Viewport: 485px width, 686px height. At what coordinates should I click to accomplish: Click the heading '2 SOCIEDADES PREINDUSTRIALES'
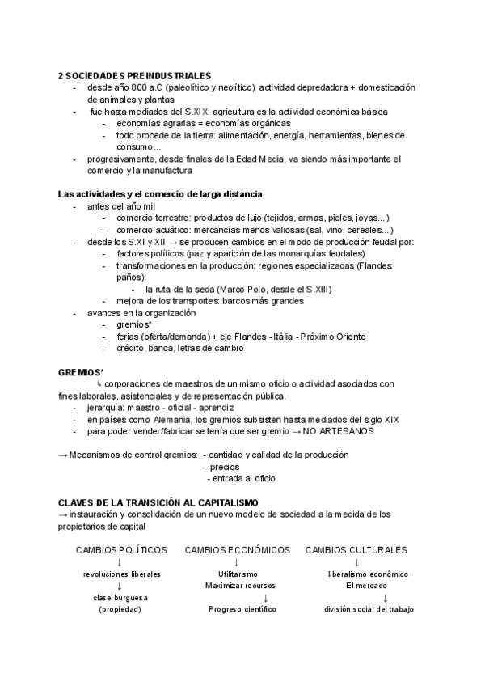point(134,75)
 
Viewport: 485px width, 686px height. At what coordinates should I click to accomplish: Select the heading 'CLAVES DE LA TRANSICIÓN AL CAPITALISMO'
point(158,502)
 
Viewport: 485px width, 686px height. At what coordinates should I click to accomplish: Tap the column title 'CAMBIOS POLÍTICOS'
point(121,550)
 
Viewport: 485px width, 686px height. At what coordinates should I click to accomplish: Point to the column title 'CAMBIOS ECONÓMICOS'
point(237,550)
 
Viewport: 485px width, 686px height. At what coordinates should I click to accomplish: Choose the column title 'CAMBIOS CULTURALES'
point(356,550)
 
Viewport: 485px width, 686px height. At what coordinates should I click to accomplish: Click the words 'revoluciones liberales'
point(121,574)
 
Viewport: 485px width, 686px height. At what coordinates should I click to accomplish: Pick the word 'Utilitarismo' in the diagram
point(238,574)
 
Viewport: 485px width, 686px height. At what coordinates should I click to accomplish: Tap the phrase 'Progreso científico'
point(242,609)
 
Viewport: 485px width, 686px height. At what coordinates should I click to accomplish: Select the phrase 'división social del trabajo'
point(369,609)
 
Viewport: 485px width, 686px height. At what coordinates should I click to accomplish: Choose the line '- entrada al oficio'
point(242,479)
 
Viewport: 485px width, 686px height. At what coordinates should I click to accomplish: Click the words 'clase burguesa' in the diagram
point(120,597)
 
